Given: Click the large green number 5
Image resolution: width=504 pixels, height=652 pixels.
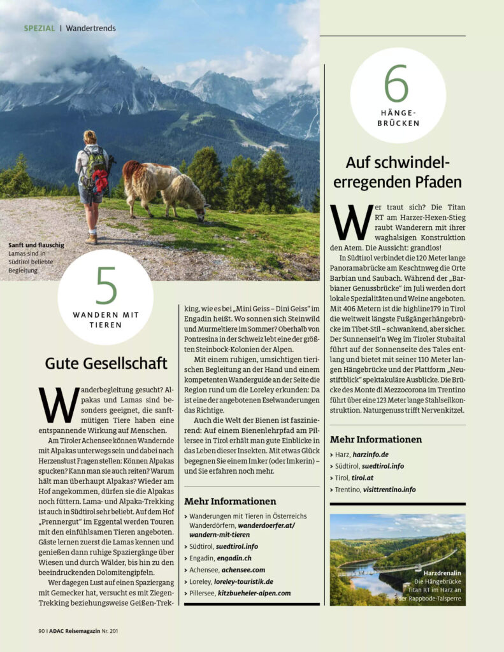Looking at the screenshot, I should coord(106,286).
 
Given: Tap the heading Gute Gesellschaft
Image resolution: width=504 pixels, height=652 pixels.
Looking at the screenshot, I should coord(106,363).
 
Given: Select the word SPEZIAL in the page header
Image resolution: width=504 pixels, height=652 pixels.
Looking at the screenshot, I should coord(40,29).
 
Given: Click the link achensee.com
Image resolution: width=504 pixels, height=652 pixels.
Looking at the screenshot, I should coord(241,570).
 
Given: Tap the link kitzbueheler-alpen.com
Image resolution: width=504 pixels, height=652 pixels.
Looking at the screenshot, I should coord(254,593).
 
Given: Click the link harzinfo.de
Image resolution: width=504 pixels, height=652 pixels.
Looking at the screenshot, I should coord(370,455).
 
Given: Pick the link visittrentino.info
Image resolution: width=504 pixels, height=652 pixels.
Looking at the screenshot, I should coord(389,489).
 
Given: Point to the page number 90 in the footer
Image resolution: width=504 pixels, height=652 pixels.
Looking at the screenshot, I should coord(41,631).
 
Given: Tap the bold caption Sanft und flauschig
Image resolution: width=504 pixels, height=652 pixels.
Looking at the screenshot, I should coord(36,245).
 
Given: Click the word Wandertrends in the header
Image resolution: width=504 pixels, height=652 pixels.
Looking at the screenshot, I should coord(90,29).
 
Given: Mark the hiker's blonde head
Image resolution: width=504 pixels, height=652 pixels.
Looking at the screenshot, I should coord(90,136).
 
